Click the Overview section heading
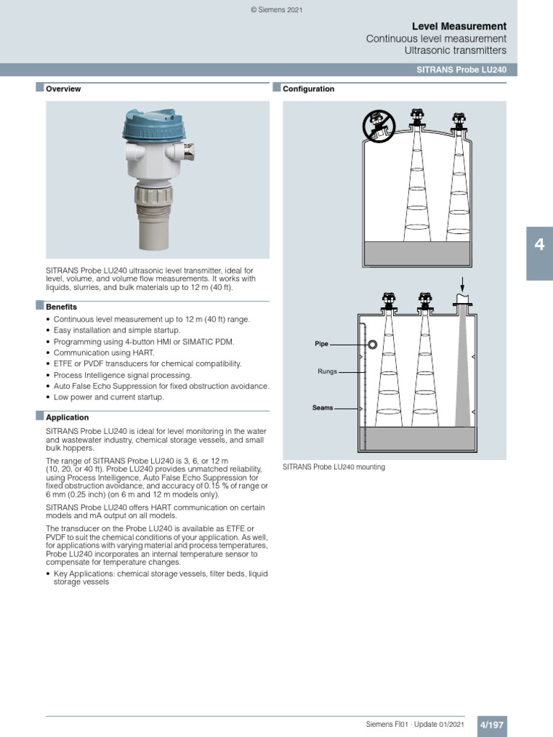[63, 89]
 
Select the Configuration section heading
[308, 89]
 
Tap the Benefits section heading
[61, 307]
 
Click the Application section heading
[67, 417]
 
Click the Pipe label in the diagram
[321, 344]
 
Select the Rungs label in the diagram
[327, 372]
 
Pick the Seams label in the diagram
[323, 407]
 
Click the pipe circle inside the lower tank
[372, 345]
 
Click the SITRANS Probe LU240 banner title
[461, 70]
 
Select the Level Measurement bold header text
[459, 26]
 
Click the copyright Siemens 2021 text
[276, 9]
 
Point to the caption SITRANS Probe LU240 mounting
[333, 467]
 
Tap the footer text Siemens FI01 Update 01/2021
[415, 723]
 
